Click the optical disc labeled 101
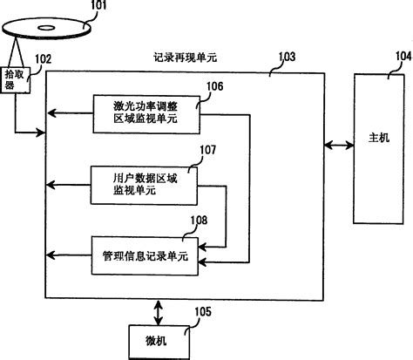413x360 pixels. (x=47, y=30)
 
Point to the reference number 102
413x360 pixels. (x=44, y=59)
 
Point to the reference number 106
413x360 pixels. (x=215, y=87)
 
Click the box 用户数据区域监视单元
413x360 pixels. (x=144, y=183)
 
